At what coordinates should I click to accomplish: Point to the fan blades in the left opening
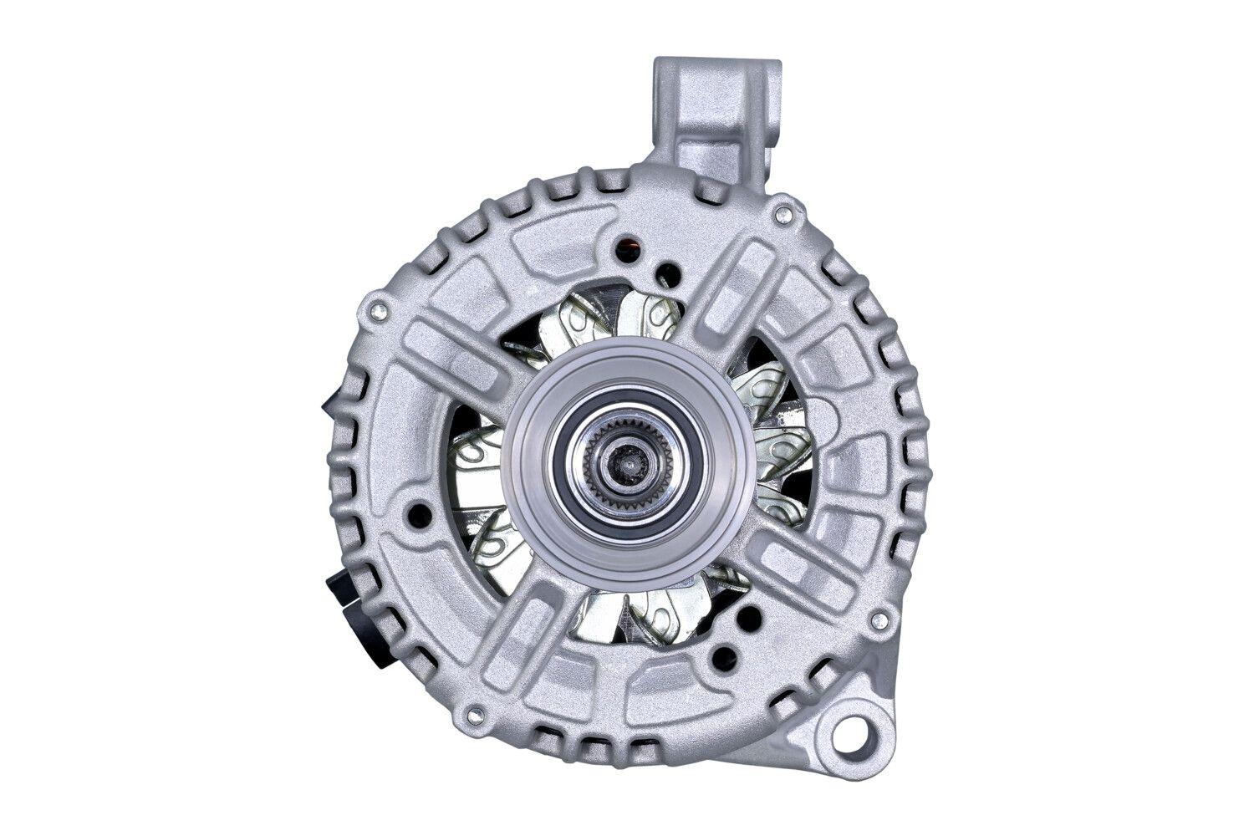point(481,485)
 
